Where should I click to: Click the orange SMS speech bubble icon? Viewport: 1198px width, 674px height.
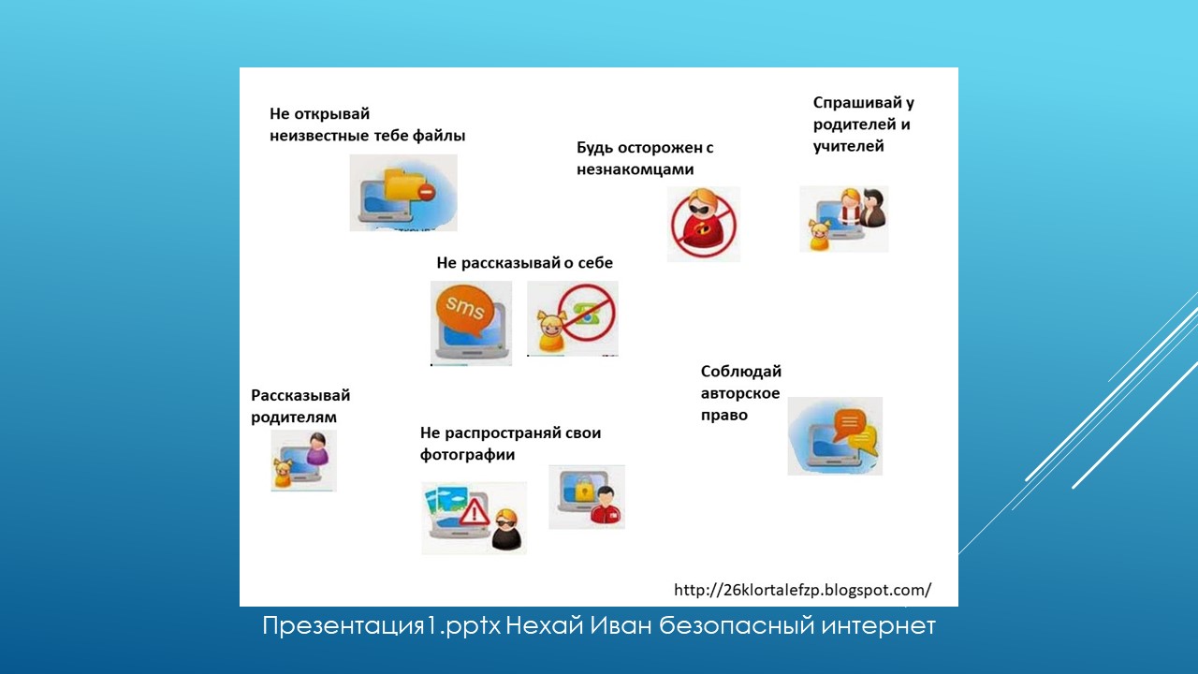click(x=465, y=310)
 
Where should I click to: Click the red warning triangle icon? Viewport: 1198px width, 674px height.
click(x=475, y=510)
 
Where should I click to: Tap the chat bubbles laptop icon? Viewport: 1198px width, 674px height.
click(x=835, y=435)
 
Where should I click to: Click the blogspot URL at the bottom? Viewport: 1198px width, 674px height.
click(x=802, y=590)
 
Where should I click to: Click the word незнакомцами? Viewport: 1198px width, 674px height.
click(x=636, y=169)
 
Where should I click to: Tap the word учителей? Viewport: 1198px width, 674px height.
click(x=848, y=146)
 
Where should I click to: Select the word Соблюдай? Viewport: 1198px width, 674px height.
click(x=740, y=372)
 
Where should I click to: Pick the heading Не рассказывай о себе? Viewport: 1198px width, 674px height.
click(x=524, y=263)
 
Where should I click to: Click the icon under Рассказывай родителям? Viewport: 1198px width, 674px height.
click(x=303, y=461)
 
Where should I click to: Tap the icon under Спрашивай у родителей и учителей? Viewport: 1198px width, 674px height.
click(x=843, y=219)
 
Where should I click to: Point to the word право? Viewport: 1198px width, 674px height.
click(x=723, y=415)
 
